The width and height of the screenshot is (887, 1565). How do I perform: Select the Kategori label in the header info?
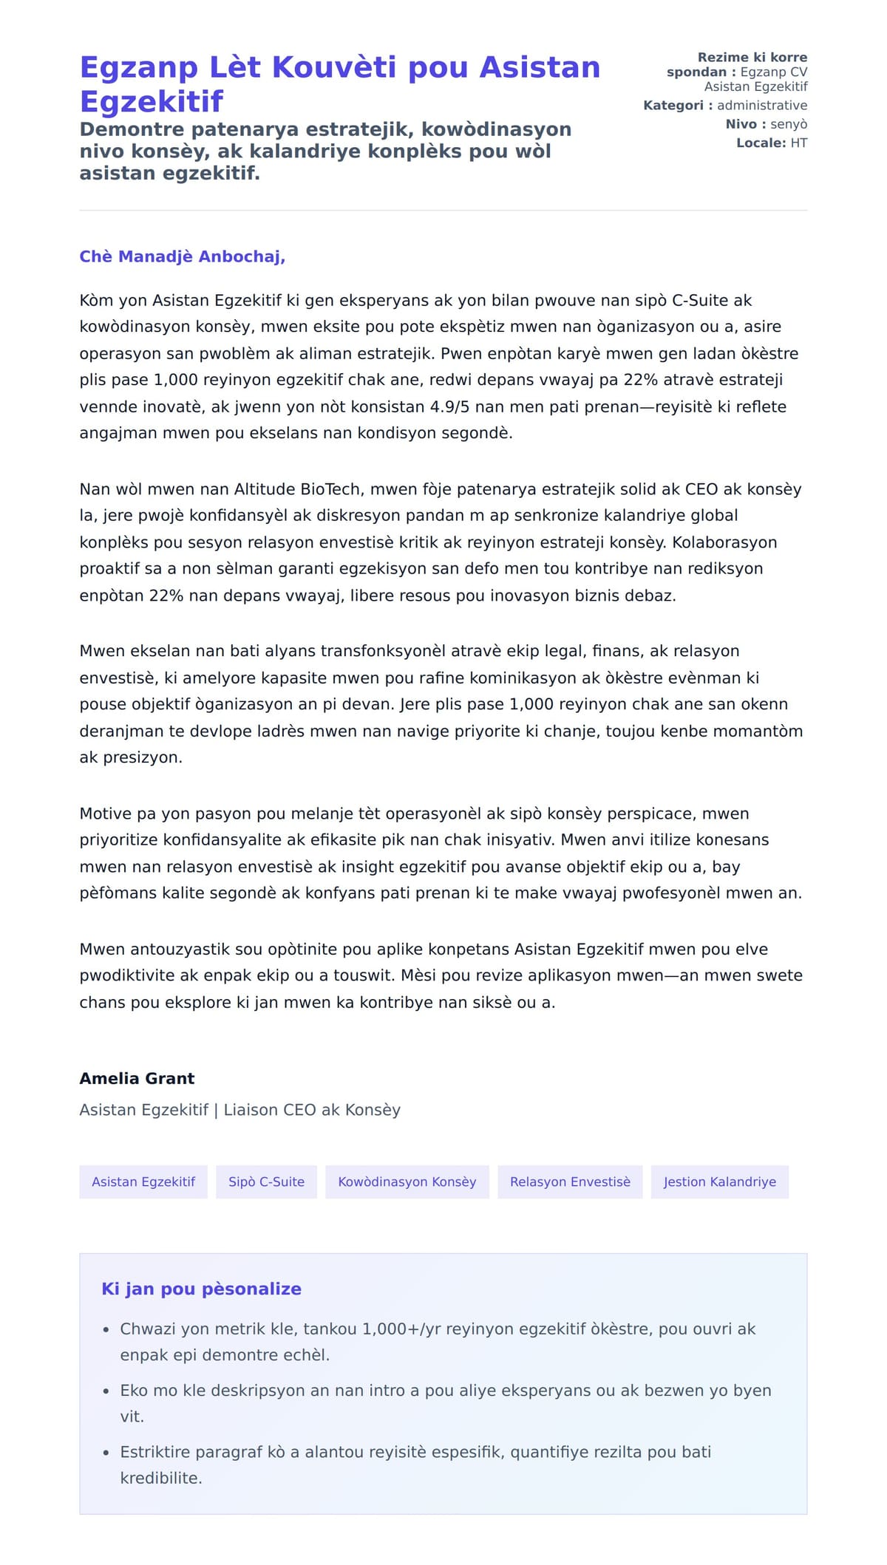coord(673,106)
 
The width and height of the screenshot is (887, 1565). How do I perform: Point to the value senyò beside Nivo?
coord(789,124)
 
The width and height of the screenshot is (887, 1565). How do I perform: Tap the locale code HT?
coord(798,143)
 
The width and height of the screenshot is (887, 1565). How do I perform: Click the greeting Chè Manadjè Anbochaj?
coord(182,256)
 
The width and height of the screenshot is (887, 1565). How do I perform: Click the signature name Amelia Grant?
coord(137,1078)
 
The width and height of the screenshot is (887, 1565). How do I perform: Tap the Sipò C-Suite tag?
coord(266,1182)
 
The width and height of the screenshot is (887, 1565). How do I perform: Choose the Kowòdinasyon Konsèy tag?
coord(407,1182)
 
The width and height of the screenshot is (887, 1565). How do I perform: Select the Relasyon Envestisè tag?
coord(570,1182)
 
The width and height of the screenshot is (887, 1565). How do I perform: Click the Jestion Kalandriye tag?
coord(719,1182)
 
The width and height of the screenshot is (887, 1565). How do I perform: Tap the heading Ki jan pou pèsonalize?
coord(201,1289)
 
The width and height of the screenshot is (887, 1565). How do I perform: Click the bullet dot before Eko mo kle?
coord(106,1391)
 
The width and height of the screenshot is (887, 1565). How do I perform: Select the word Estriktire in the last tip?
coord(156,1452)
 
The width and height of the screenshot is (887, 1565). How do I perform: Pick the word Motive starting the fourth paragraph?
coord(106,814)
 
